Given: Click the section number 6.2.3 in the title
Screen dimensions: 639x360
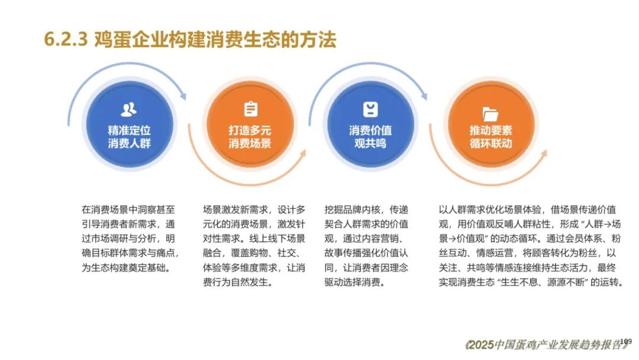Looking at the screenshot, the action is click(66, 40).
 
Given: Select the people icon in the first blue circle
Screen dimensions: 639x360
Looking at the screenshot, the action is click(129, 110).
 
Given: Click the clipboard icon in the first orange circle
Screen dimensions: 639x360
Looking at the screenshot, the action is click(250, 109).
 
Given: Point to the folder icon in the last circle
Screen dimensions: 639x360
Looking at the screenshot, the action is click(490, 114).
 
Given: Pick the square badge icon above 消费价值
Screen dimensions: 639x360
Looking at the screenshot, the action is click(370, 110).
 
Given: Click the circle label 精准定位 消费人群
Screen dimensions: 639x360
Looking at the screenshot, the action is click(129, 137).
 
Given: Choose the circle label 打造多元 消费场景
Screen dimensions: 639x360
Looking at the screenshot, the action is click(250, 137).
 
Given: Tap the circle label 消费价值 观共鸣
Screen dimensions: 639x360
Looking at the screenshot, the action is click(370, 137).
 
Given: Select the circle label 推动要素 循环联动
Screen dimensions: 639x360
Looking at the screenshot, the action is click(490, 137).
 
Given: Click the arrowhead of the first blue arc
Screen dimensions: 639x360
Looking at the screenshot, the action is click(183, 95).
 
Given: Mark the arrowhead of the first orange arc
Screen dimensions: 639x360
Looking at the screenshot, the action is click(303, 154).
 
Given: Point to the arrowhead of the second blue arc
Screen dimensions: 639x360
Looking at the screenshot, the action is click(424, 95).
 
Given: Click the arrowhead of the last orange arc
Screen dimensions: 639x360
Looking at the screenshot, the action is click(543, 154).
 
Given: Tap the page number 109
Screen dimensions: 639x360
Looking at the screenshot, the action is click(626, 341).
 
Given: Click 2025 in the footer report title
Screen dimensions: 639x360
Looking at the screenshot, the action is click(481, 345).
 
